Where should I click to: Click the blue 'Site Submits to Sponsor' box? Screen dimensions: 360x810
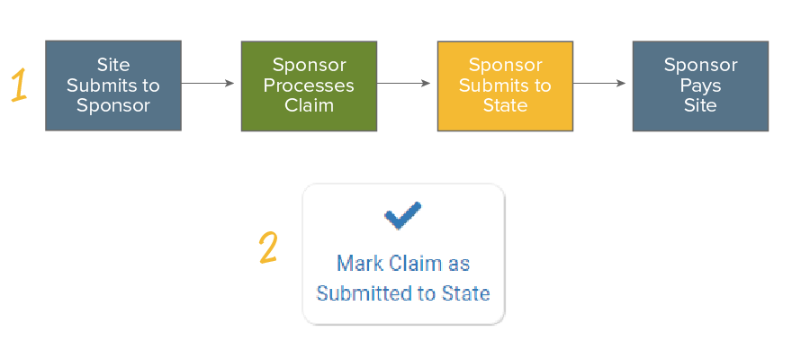tap(113, 85)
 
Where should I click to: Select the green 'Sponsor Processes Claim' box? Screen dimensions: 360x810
tap(309, 85)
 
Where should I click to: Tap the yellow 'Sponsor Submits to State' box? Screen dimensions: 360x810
tap(505, 85)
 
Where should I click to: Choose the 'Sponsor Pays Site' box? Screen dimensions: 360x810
tap(700, 85)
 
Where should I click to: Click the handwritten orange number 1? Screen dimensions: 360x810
tap(19, 85)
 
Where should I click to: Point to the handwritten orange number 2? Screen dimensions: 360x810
tap(267, 248)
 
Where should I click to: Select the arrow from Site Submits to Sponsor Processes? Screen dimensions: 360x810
tap(209, 84)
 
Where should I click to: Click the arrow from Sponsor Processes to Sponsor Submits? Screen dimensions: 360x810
tap(405, 84)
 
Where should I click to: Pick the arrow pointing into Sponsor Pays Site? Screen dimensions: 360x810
tap(600, 84)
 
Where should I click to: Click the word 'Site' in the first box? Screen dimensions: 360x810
tap(113, 66)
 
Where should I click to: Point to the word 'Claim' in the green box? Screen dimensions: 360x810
tap(309, 105)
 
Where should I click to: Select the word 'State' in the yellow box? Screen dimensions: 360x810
tap(505, 105)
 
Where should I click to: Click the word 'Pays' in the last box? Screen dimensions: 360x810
tap(700, 85)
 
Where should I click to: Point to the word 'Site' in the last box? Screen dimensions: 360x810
tap(700, 105)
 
